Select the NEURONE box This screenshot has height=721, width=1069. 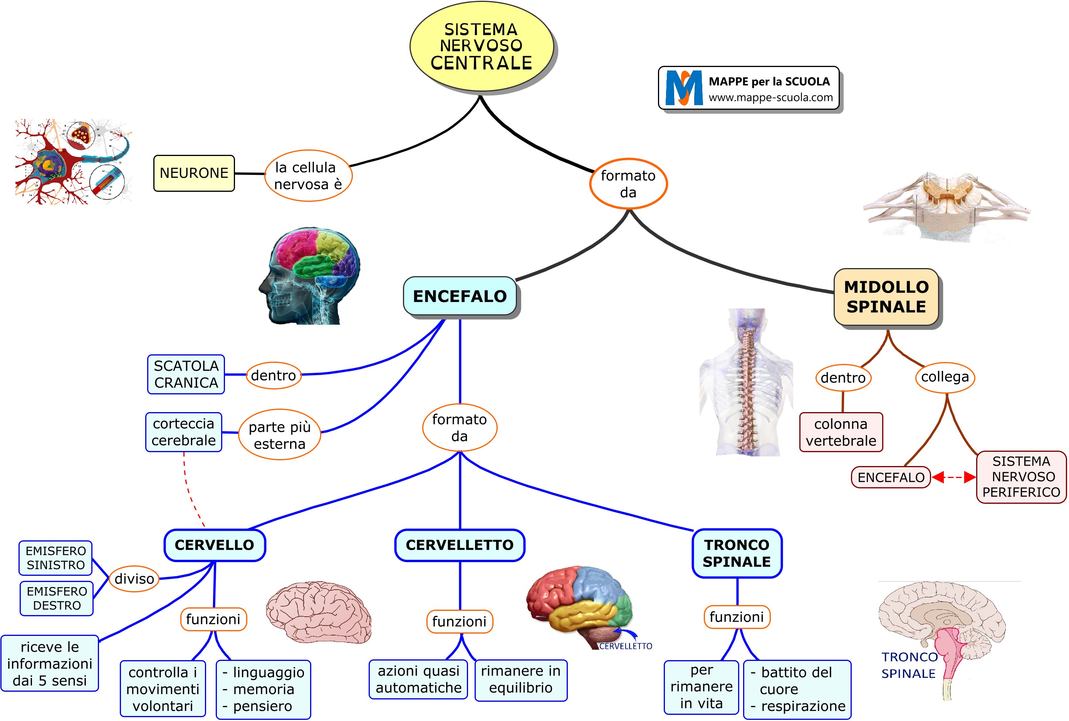193,173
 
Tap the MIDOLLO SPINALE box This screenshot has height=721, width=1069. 886,297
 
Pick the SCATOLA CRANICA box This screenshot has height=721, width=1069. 186,374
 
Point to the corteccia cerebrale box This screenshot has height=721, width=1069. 183,432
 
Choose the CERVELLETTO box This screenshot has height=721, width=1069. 459,545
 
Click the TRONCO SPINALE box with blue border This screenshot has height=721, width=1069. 737,553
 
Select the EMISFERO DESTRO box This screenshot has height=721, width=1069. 57,598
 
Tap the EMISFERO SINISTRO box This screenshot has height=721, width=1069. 55,558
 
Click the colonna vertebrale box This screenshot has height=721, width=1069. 841,432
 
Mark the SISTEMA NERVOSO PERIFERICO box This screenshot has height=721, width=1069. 1021,477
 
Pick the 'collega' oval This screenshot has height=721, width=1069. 945,377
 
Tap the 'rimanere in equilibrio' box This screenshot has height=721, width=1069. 520,680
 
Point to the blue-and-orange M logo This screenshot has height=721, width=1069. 684,88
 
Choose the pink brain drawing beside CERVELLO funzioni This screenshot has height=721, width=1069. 319,612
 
